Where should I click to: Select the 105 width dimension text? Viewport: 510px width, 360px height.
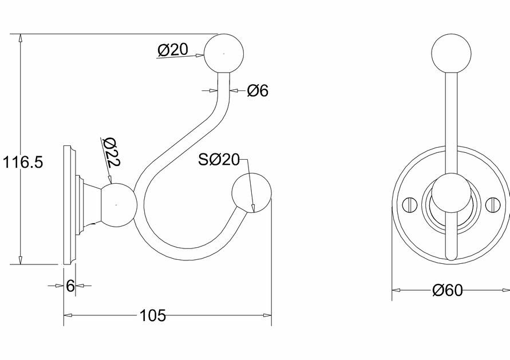click(153, 315)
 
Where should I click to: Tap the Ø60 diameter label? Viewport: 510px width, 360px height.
click(447, 290)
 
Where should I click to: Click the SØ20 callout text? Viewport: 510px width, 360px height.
click(219, 160)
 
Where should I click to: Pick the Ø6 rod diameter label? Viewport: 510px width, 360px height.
click(258, 90)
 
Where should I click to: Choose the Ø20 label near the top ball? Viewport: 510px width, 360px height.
click(173, 50)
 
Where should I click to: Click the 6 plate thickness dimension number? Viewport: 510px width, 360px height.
click(70, 286)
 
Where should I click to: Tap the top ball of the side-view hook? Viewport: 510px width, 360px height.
click(224, 53)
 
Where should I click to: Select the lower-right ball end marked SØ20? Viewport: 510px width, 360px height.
click(251, 193)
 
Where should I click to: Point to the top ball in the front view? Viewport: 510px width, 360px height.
click(451, 53)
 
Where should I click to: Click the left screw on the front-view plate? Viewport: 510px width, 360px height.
click(410, 204)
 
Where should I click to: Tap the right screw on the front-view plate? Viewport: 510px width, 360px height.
click(493, 204)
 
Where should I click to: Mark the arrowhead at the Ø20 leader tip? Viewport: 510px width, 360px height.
click(200, 56)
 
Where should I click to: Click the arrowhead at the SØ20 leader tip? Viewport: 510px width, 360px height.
click(253, 208)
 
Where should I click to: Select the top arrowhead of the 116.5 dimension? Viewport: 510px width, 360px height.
click(21, 38)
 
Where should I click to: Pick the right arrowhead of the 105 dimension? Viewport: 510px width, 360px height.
click(267, 315)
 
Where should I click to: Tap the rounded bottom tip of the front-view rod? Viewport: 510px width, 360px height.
click(451, 258)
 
